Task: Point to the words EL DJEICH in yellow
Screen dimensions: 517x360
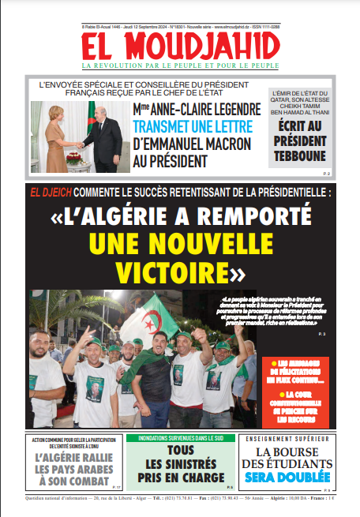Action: click(51, 192)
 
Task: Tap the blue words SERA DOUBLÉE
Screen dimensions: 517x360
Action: click(287, 478)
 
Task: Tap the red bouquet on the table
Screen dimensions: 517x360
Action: click(73, 157)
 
